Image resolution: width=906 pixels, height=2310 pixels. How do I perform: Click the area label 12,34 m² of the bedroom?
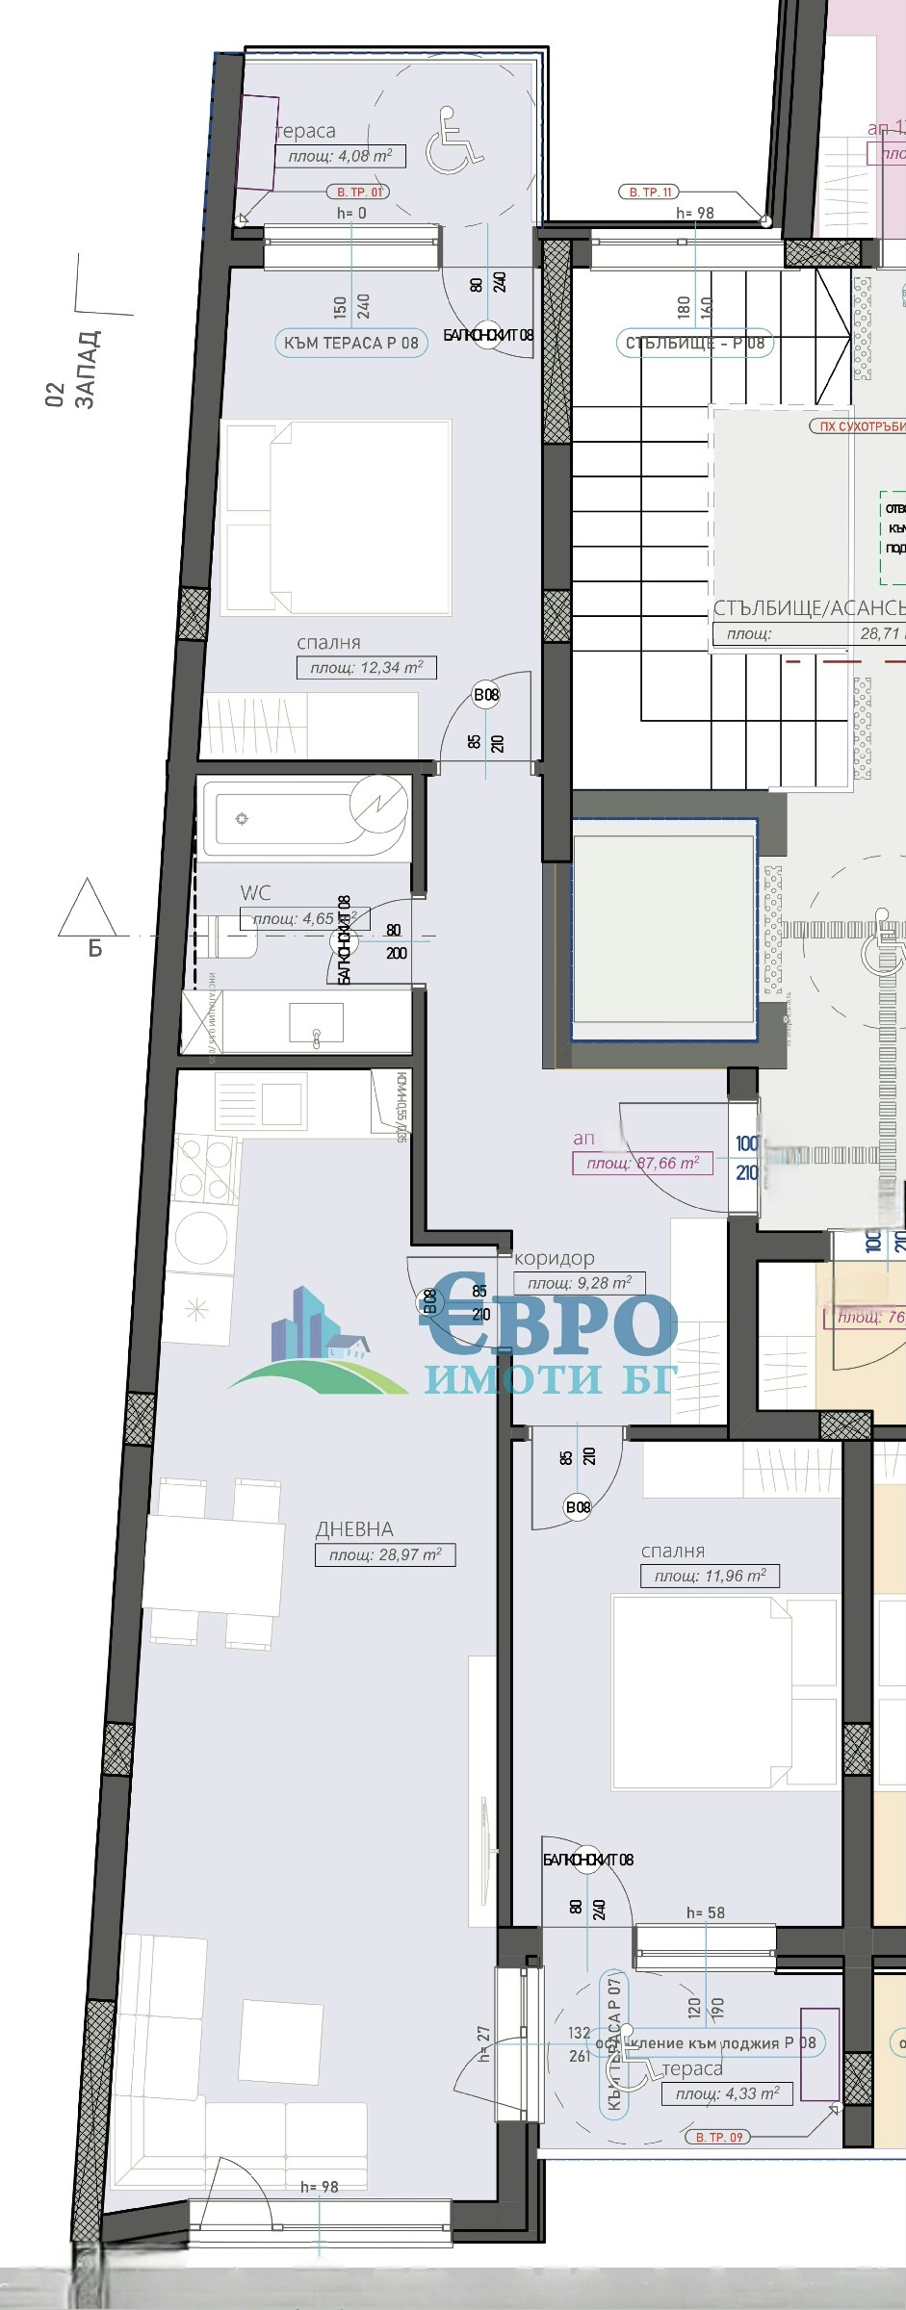366,667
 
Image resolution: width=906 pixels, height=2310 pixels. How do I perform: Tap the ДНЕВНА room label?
354,1528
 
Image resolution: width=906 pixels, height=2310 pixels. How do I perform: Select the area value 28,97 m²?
384,1554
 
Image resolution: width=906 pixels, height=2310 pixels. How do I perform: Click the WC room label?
255,892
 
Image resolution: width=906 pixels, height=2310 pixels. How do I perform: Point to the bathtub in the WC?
303,819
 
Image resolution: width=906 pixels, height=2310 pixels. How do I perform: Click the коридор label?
554,1258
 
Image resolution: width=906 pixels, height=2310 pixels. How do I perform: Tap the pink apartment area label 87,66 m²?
641,1163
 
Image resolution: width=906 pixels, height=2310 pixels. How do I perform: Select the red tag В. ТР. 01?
358,192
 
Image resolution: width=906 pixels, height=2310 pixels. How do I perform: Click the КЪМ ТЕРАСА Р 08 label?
350,343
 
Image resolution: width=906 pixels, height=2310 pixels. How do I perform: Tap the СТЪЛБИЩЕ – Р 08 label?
694,343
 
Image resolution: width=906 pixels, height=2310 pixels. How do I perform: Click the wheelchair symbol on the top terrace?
453,141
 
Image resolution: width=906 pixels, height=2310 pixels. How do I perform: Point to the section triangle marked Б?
88,911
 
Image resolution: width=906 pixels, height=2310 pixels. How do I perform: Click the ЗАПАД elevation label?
86,370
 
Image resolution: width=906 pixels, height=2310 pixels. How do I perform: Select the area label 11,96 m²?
710,1576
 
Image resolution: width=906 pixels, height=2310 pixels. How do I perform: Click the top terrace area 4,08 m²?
340,156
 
